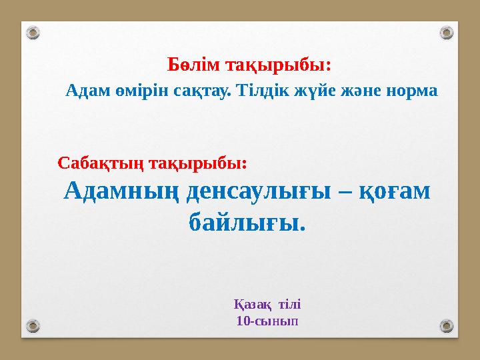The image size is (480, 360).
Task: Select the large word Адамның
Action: (120, 192)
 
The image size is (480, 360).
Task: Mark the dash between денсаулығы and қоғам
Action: (347, 192)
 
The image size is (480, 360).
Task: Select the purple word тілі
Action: (289, 305)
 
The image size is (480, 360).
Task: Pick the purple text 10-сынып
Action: (267, 321)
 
